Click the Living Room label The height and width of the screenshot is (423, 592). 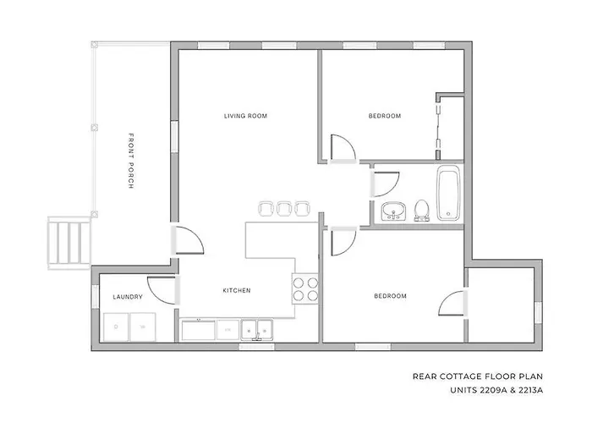[245, 116]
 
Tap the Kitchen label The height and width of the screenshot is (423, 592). [237, 290]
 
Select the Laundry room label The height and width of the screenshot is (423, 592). [128, 297]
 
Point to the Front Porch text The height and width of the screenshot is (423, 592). [131, 161]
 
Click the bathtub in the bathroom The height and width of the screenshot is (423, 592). [448, 193]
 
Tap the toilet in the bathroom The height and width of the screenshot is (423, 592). [421, 210]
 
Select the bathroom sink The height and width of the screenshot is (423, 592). [393, 211]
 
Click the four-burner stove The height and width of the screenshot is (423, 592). [305, 289]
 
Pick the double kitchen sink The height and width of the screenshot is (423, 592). [257, 331]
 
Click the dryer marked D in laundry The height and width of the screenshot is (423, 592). [116, 327]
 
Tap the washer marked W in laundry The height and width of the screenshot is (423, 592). [143, 327]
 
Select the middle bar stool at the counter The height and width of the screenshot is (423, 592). [284, 208]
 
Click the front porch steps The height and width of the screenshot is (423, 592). [69, 243]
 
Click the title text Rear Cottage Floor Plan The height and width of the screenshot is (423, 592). [478, 376]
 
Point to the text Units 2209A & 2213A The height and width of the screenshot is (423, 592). [496, 391]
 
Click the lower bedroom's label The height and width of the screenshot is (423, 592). [391, 296]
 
